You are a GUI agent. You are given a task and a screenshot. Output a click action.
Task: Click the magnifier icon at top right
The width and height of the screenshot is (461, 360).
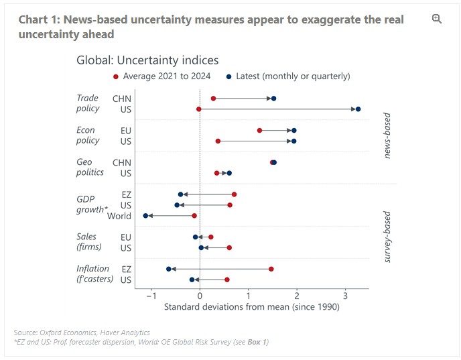[437, 19]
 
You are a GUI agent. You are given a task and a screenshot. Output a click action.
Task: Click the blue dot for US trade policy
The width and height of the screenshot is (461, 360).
[358, 109]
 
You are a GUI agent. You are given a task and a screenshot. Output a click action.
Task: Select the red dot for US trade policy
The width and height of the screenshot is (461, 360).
[199, 109]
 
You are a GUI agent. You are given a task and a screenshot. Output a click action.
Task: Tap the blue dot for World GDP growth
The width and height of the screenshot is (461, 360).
[145, 216]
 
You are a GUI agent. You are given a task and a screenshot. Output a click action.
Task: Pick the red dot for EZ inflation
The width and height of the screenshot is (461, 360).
[271, 269]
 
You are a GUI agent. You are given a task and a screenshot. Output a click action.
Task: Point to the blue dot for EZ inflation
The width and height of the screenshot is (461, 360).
[168, 269]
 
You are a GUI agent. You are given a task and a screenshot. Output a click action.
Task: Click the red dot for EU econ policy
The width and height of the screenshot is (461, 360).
[259, 130]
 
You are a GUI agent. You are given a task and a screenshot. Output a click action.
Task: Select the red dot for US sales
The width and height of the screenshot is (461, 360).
[229, 247]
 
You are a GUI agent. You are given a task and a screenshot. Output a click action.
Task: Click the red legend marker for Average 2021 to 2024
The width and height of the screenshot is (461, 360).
[116, 76]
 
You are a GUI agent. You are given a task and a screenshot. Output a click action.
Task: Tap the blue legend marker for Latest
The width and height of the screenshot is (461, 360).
[228, 76]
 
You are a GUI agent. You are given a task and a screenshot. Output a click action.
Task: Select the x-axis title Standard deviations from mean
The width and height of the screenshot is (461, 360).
[252, 307]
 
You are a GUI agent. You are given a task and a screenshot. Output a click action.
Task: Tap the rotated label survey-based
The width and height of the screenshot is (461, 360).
[387, 237]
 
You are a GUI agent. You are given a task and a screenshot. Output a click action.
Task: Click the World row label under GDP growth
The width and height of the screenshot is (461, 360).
[119, 216]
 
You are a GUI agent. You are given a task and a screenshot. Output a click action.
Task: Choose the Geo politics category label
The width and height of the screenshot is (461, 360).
[90, 167]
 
